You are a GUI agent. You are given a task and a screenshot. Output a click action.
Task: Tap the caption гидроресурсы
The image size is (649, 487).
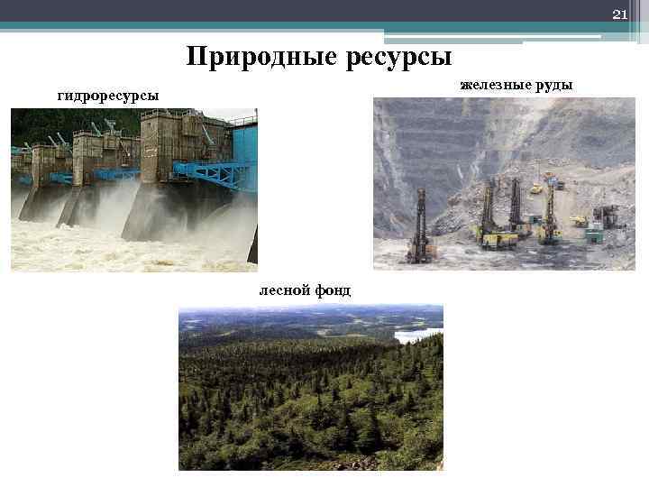(108, 95)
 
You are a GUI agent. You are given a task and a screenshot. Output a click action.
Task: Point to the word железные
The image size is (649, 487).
(495, 85)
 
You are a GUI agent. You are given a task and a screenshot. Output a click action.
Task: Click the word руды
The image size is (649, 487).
(553, 86)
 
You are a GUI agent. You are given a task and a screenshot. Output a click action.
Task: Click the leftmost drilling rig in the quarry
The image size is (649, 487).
(418, 225)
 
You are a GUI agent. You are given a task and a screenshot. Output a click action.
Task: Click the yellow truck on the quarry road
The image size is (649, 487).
(537, 188)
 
